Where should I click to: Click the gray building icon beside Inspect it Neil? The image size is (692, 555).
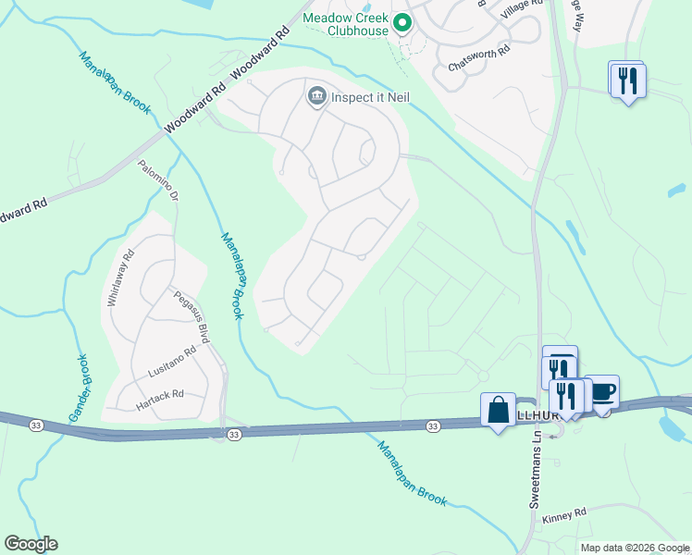[x=316, y=95]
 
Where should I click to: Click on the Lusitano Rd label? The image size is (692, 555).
[x=173, y=363]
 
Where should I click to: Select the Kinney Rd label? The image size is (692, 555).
[x=565, y=513]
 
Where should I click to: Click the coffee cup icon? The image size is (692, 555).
[x=602, y=392]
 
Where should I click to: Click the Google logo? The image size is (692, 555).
[x=31, y=544]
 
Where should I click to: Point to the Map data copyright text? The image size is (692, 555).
[x=635, y=548]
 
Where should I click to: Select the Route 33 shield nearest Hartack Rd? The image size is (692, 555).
[x=234, y=433]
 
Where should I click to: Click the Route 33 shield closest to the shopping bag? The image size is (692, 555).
[x=432, y=425]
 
